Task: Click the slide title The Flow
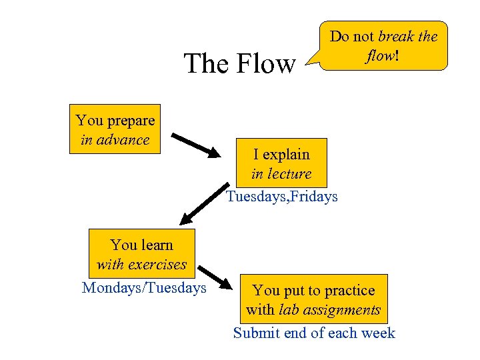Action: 239,64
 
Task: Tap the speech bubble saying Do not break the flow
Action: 383,45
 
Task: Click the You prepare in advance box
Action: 115,129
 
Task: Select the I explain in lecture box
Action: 281,163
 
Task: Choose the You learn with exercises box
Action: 141,254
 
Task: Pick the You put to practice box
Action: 313,299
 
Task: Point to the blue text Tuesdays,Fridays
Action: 282,197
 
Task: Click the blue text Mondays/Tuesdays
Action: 144,288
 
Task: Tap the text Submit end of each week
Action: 314,333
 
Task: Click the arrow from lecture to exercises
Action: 203,205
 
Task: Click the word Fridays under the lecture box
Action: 312,197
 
